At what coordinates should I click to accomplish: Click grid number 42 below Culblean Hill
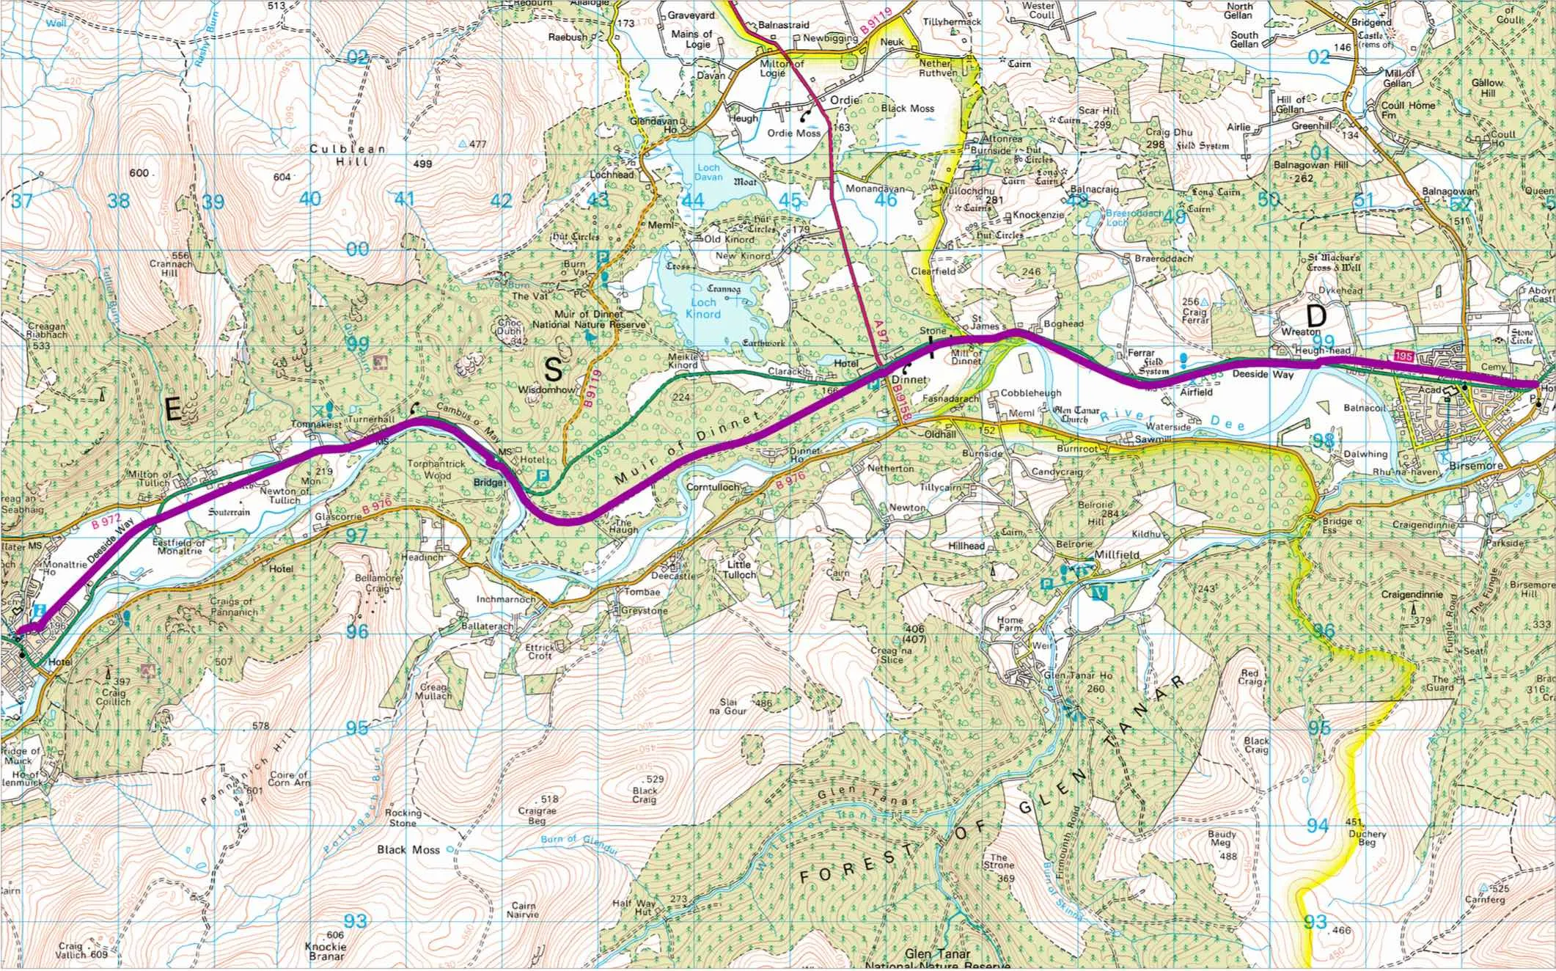click(501, 199)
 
